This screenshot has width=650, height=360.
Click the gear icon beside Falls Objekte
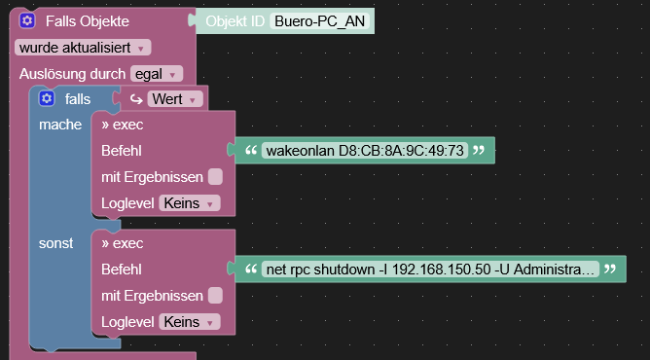coord(27,20)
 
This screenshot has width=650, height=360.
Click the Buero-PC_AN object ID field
coord(321,20)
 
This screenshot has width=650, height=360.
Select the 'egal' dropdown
coord(156,73)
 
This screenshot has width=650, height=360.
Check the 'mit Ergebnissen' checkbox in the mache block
coord(215,177)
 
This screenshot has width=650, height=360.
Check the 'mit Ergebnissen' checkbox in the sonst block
coord(215,295)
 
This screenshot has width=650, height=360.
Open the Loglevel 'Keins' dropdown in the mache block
coord(189,203)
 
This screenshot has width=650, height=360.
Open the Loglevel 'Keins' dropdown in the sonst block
coord(189,321)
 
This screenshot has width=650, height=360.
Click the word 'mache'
coord(60,125)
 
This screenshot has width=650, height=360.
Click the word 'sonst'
coord(55,242)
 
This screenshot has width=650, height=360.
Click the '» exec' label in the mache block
coord(122,125)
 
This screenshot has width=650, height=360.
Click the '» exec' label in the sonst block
coord(122,242)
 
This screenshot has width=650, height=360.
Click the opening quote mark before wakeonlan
coord(251,151)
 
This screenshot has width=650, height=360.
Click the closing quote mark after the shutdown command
coord(610,269)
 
